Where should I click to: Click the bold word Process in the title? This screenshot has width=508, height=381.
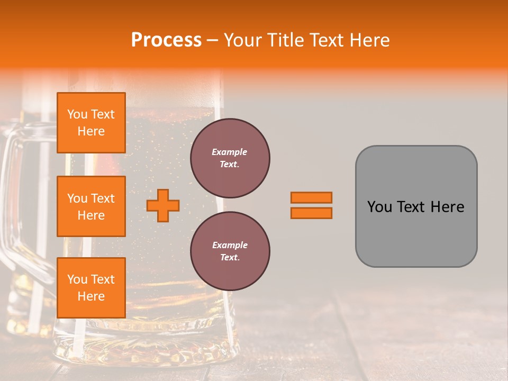(166, 40)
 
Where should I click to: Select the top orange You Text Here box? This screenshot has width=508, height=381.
(91, 123)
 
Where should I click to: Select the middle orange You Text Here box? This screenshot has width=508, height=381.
(91, 206)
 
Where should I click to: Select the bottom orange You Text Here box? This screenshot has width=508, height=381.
(91, 287)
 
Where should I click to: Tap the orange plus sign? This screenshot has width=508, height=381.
(163, 205)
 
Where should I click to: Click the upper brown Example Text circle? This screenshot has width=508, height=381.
(230, 158)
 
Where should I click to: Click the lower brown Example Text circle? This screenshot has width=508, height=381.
(230, 251)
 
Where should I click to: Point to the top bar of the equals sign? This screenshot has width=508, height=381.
(311, 197)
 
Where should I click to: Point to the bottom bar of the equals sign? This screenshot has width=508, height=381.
(311, 213)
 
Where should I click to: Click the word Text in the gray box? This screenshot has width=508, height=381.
(413, 207)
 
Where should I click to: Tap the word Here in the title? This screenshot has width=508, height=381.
(371, 40)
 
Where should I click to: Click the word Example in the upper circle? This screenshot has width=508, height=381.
(230, 152)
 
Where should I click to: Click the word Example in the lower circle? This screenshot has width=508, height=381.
(230, 245)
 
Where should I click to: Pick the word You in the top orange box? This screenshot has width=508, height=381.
(77, 114)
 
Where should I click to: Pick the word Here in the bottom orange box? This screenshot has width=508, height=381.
(91, 296)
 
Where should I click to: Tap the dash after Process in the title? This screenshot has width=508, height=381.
(212, 41)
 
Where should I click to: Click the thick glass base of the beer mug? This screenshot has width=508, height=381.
(159, 344)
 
